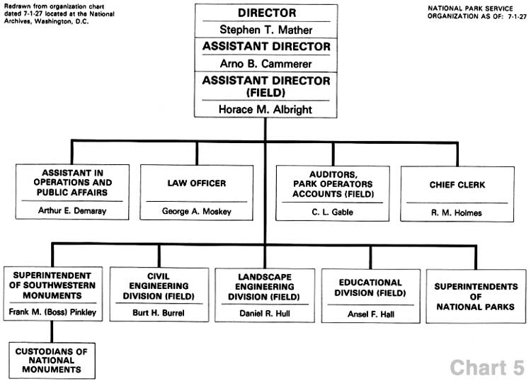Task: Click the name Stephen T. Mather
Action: (x=265, y=30)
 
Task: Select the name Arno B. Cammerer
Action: (x=265, y=64)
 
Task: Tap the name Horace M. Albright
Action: (x=265, y=109)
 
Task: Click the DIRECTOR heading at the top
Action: (x=267, y=13)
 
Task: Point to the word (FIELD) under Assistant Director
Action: (x=265, y=93)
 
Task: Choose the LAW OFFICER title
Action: (x=196, y=183)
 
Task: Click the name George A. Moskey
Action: (x=196, y=211)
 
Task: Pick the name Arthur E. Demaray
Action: (x=72, y=210)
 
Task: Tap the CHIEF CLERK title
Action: (x=457, y=185)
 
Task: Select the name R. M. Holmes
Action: (x=457, y=212)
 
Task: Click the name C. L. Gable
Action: (x=332, y=212)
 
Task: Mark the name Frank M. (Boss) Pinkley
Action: (x=52, y=312)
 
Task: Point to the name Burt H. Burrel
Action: (x=159, y=312)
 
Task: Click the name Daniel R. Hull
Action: (x=265, y=313)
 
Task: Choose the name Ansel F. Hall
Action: (x=371, y=314)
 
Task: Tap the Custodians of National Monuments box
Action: (x=52, y=360)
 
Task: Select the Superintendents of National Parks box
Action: (x=476, y=296)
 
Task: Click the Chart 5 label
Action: (x=487, y=368)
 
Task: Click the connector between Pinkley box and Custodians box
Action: (x=52, y=332)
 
